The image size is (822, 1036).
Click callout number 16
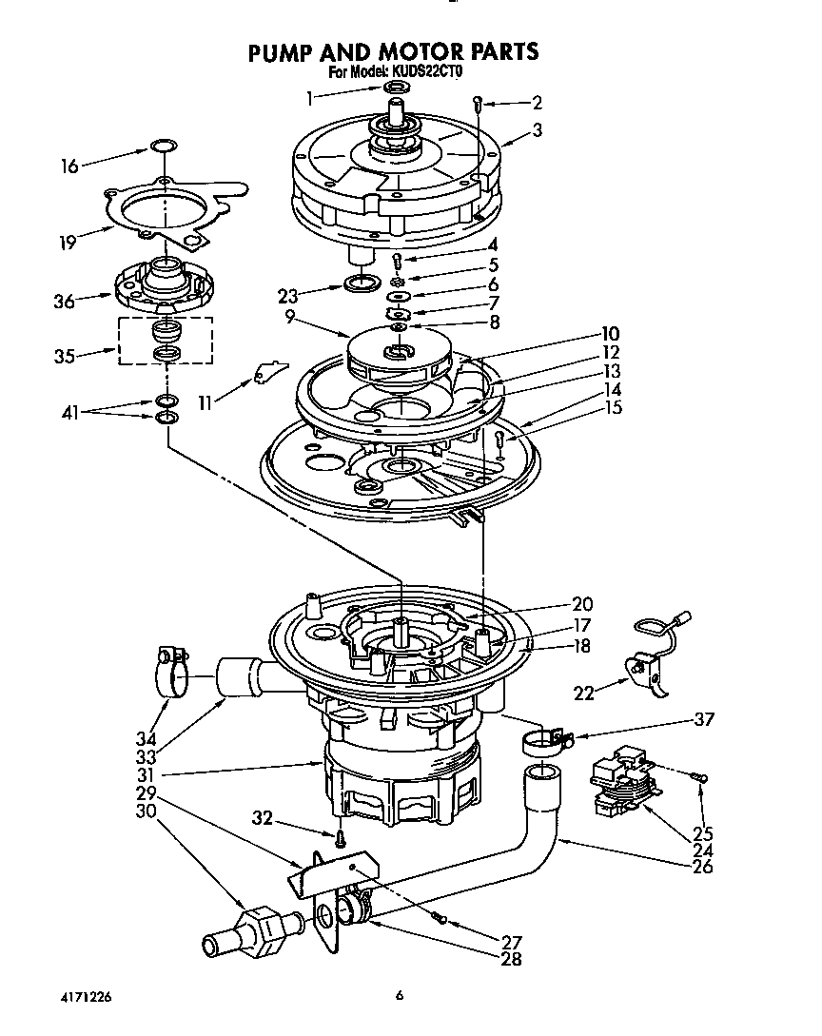coord(69,165)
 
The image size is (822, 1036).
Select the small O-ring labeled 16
coord(163,147)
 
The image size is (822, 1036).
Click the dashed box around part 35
coord(165,341)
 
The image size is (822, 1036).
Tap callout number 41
coord(69,413)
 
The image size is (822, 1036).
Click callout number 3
coord(538,132)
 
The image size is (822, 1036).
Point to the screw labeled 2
coord(479,103)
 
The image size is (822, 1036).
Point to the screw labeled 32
coord(339,838)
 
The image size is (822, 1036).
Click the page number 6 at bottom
coord(401,996)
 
